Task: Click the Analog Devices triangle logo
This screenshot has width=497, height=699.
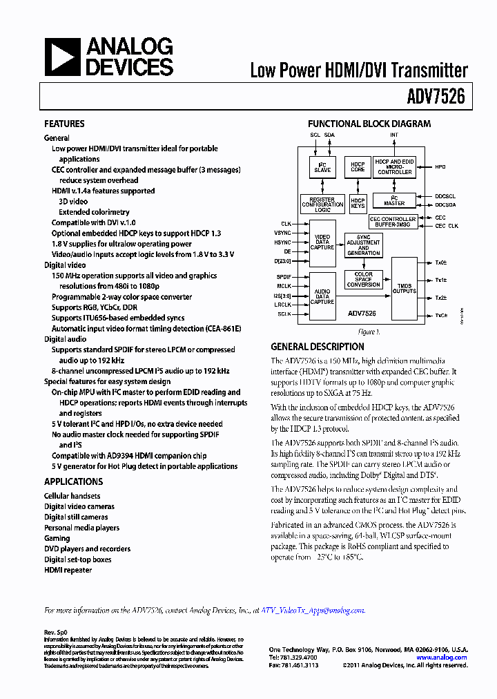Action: click(x=62, y=57)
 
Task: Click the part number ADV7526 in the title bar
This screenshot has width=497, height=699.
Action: click(x=440, y=98)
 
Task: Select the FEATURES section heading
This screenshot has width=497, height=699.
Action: click(x=64, y=124)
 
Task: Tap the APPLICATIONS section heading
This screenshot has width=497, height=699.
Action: click(x=73, y=481)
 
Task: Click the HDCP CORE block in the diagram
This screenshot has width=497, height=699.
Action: click(x=358, y=167)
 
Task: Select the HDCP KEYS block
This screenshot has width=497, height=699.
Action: click(x=358, y=202)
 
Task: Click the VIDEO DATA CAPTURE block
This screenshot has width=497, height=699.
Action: click(x=322, y=243)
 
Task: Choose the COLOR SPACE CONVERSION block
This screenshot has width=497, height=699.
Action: click(x=363, y=279)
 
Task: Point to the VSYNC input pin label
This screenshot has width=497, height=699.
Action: click(x=282, y=233)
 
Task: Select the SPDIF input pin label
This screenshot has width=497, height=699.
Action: click(x=283, y=276)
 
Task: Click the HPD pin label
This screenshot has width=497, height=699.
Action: click(x=440, y=166)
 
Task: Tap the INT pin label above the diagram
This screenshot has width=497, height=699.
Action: click(x=394, y=135)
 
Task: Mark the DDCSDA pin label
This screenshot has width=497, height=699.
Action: click(x=445, y=205)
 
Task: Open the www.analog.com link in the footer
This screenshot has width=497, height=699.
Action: click(x=441, y=658)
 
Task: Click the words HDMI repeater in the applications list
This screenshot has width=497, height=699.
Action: click(x=68, y=570)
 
